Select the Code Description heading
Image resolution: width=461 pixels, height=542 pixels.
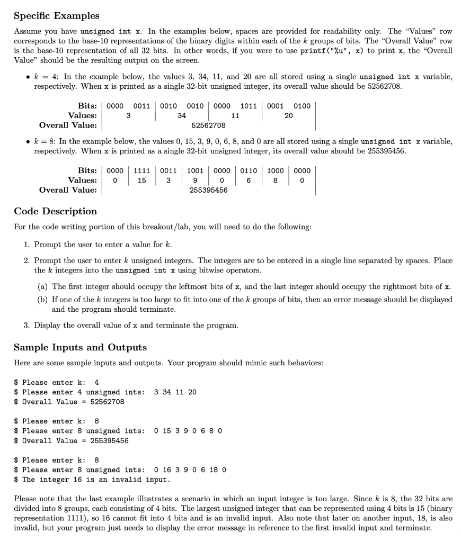[x=55, y=211]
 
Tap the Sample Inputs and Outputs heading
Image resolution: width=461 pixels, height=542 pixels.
[x=80, y=347]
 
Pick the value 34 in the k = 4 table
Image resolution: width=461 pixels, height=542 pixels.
[x=182, y=115]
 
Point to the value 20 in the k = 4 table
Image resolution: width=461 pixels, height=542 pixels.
[x=288, y=115]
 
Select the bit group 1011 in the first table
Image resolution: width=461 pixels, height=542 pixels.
[x=249, y=106]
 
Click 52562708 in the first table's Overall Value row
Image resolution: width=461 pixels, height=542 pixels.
[x=208, y=125]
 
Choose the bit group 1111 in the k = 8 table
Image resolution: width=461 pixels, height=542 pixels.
[x=141, y=170]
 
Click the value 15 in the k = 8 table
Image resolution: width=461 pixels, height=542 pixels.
[x=141, y=180]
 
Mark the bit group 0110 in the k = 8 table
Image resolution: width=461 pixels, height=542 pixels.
[x=249, y=170]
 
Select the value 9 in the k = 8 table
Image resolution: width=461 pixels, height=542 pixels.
[x=195, y=180]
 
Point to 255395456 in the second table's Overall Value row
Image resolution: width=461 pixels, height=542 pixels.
[x=208, y=189]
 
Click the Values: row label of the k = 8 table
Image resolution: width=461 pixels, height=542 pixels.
[x=82, y=180]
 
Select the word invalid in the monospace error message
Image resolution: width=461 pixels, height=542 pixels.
[x=149, y=480]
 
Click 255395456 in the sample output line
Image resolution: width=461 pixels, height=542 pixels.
[x=109, y=440]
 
